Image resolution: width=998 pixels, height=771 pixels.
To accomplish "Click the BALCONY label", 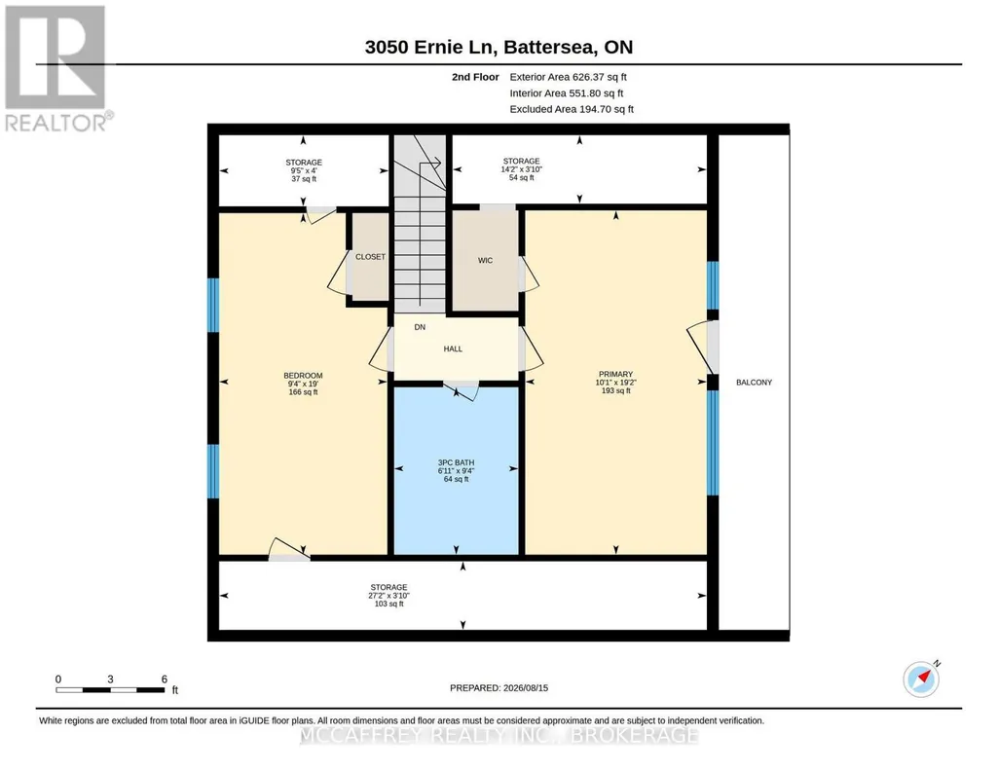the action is coord(754,383).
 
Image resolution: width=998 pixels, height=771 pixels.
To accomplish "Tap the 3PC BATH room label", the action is coord(456,462).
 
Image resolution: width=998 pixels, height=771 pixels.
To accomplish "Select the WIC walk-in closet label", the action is coord(485,260).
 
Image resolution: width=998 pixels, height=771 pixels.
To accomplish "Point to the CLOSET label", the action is coord(370,257).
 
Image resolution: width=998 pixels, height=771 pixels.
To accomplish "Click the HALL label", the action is coord(453,349).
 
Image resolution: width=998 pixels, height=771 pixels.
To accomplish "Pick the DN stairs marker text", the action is coord(420,327).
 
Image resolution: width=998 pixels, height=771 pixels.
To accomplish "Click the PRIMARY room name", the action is coord(615,374).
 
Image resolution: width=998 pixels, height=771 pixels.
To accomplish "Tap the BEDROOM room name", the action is coord(303,376).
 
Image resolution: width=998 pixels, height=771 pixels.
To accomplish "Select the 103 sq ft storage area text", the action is coord(388,604).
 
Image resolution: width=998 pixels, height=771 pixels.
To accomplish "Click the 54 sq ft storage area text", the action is coord(521,177).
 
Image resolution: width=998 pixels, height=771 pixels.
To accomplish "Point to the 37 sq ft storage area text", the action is coord(304,179).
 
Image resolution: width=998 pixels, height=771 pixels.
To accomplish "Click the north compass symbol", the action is coord(922,679).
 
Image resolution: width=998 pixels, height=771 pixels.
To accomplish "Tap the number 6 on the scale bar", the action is coord(165,679).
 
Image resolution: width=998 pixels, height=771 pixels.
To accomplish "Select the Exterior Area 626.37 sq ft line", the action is coord(568,77).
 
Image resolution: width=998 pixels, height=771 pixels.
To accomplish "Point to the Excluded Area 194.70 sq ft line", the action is coord(572,109).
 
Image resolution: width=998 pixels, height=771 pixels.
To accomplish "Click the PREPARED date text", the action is coord(499,687).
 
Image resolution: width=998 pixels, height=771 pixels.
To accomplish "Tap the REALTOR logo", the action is coord(57,69).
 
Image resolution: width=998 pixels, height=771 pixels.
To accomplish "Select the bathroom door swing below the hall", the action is coord(462,390).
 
